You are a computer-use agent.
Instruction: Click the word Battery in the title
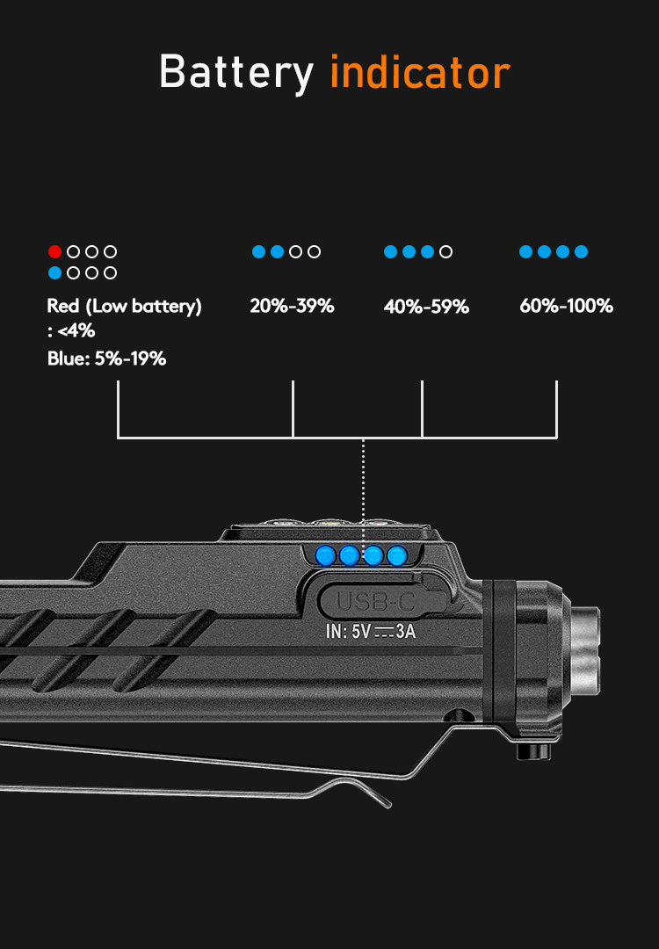(x=236, y=73)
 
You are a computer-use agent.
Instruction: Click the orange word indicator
(x=420, y=72)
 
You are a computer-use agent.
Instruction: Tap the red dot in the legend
(x=54, y=251)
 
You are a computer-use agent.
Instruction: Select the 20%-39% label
(x=292, y=307)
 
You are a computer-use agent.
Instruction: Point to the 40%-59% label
(x=426, y=307)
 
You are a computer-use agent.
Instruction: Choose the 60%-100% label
(x=566, y=307)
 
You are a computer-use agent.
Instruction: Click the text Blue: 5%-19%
(x=106, y=359)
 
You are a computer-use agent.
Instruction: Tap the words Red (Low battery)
(x=124, y=307)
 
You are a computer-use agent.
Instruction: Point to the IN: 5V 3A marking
(x=370, y=632)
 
